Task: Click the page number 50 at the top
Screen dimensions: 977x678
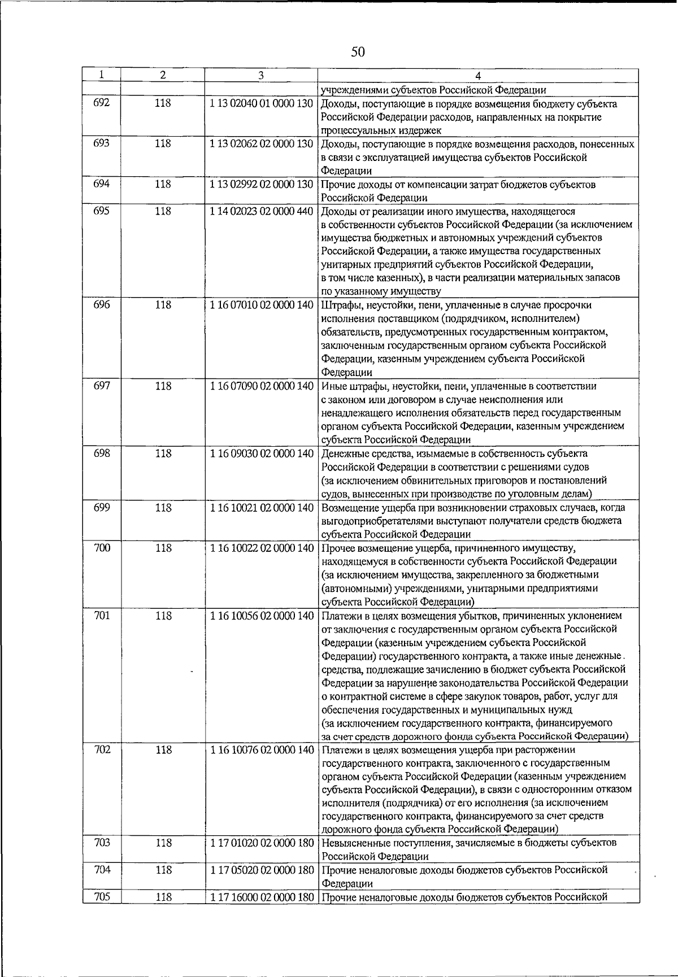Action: click(358, 53)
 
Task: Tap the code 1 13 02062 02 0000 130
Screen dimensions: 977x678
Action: click(261, 144)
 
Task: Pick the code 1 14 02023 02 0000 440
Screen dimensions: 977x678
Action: click(261, 212)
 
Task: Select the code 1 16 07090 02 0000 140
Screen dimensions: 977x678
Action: click(261, 387)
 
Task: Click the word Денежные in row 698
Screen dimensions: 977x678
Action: click(344, 454)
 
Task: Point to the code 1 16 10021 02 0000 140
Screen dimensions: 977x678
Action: click(261, 508)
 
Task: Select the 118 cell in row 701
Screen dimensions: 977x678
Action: click(163, 616)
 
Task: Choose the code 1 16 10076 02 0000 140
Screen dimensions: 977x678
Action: click(261, 751)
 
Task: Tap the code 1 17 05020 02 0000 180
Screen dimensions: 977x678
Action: click(261, 870)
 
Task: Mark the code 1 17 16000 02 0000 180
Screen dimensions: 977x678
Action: click(261, 897)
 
